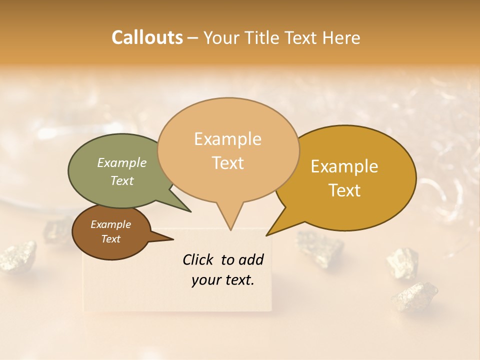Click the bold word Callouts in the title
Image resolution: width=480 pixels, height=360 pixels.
(x=147, y=37)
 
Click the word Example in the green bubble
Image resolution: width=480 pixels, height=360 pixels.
(x=121, y=162)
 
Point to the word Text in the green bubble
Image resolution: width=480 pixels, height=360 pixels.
(x=121, y=180)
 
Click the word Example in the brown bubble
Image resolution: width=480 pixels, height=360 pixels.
(x=110, y=224)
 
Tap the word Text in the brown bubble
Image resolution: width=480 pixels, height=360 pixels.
(x=110, y=239)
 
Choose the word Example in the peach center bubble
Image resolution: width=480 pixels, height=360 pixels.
(x=227, y=139)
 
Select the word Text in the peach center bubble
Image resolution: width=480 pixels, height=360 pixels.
(x=227, y=162)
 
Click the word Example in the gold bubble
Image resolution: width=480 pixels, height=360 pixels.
(x=344, y=166)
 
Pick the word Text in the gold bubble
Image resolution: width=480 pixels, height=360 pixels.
(x=344, y=190)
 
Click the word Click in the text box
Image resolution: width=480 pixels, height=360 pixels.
(x=199, y=259)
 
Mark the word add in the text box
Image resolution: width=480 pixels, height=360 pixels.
(x=251, y=259)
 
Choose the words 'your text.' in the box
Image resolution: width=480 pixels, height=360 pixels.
(x=222, y=280)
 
